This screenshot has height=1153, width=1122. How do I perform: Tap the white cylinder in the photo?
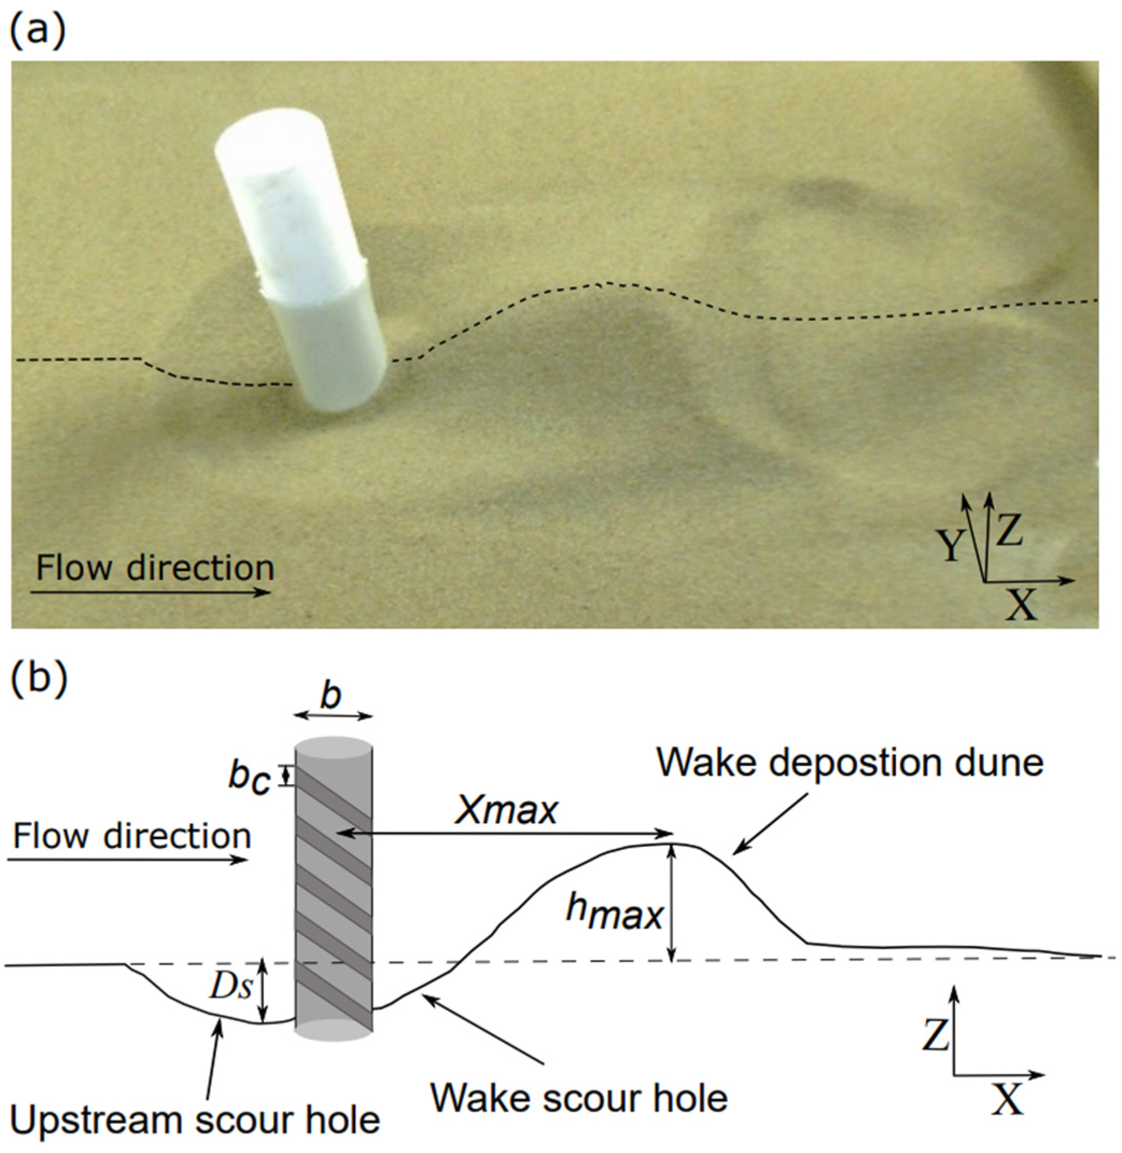coord(300,259)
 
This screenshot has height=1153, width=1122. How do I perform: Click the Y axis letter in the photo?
coord(951,545)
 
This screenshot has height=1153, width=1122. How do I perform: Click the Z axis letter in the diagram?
coord(936,1035)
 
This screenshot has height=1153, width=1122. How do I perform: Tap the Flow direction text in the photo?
coord(155,567)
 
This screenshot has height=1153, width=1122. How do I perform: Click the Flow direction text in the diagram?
coord(132,836)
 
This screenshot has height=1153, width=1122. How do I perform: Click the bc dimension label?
coord(250,778)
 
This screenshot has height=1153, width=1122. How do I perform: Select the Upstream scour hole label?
coord(194,1120)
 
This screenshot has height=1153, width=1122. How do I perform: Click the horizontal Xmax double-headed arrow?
coord(507,833)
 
